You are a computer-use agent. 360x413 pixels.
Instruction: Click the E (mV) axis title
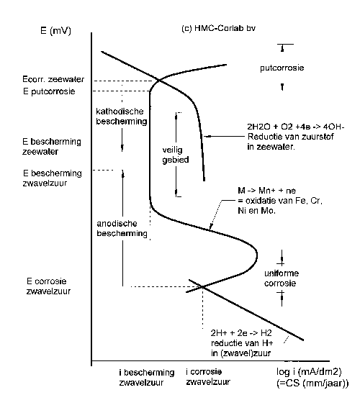[x=55, y=30]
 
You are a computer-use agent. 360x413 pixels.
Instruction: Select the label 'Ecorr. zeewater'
[x=53, y=79]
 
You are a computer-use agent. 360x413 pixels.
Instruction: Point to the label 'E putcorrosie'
[x=49, y=91]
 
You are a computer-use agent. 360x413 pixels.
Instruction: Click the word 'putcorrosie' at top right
[x=282, y=68]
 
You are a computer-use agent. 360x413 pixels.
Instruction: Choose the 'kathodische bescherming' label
[x=122, y=116]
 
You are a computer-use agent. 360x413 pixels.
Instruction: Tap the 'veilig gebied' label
[x=175, y=155]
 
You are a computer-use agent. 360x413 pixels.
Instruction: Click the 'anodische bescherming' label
[x=122, y=228]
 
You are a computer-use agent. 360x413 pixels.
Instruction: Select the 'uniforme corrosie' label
[x=282, y=278]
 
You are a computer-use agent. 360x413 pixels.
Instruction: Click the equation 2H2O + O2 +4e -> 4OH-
[x=296, y=127]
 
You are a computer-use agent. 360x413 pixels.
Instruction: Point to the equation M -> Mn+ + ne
[x=266, y=191]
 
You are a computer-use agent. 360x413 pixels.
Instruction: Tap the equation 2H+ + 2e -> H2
[x=241, y=333]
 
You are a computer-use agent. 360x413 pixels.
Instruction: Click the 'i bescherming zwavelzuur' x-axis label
[x=147, y=377]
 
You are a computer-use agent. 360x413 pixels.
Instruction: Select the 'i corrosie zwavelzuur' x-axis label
[x=208, y=376]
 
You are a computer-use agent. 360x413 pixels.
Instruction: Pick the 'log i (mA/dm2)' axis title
[x=309, y=372]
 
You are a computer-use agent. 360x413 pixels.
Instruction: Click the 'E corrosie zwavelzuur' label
[x=48, y=286]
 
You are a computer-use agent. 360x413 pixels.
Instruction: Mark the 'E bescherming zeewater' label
[x=52, y=147]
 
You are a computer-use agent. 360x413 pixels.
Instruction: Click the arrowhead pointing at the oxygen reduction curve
[x=207, y=136]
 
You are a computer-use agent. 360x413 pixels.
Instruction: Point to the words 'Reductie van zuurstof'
[x=291, y=137]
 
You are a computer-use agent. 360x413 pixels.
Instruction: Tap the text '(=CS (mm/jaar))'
[x=312, y=383]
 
